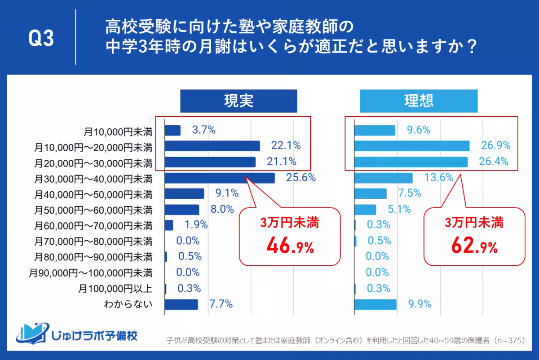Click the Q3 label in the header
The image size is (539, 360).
tap(41, 39)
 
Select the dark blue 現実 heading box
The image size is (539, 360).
tap(239, 101)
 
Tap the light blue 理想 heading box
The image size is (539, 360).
tap(418, 101)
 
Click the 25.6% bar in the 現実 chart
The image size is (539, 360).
tap(220, 178)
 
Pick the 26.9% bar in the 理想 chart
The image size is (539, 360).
tap(411, 146)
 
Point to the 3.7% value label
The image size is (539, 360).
tap(203, 130)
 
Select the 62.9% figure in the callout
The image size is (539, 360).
tap(474, 246)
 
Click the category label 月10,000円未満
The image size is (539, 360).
tap(118, 132)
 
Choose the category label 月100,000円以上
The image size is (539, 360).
tap(115, 289)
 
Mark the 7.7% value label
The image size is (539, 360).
tap(221, 304)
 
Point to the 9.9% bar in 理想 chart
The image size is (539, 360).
tap(375, 304)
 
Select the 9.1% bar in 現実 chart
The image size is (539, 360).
tap(184, 194)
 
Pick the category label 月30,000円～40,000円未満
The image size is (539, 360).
tap(93, 179)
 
